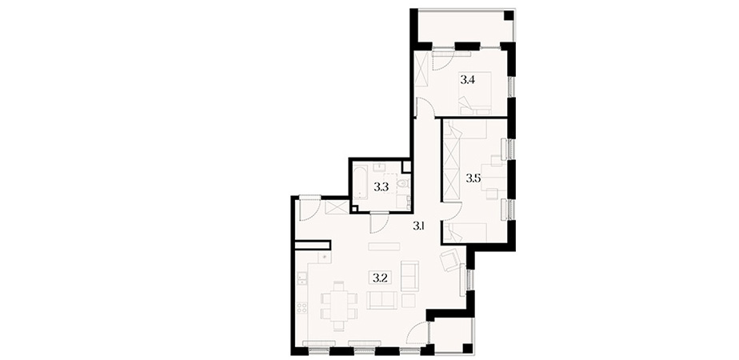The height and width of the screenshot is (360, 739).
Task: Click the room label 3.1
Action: (x=419, y=226)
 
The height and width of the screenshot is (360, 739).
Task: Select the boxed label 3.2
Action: (x=380, y=278)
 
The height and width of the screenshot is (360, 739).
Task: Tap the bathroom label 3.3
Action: (x=381, y=187)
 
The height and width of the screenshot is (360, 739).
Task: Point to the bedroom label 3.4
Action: (x=467, y=80)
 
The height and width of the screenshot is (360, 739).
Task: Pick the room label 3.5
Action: (x=473, y=178)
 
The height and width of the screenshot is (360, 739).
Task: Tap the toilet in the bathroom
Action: (x=403, y=183)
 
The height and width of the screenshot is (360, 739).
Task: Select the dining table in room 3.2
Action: (x=339, y=306)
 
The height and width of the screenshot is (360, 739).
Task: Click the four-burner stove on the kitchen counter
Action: (x=302, y=308)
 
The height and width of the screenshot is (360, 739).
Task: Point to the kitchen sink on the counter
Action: (x=302, y=278)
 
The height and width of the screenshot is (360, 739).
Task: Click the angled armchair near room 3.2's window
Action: (x=449, y=261)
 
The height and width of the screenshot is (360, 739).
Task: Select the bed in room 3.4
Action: (x=475, y=94)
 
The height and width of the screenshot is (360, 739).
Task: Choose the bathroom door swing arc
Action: (x=379, y=223)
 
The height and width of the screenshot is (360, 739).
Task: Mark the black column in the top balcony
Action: (x=508, y=15)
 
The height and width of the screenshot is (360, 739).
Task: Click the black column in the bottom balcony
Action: (x=467, y=349)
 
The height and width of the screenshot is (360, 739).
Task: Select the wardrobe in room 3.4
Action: (x=421, y=70)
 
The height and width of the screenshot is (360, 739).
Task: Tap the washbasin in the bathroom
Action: (x=380, y=167)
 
